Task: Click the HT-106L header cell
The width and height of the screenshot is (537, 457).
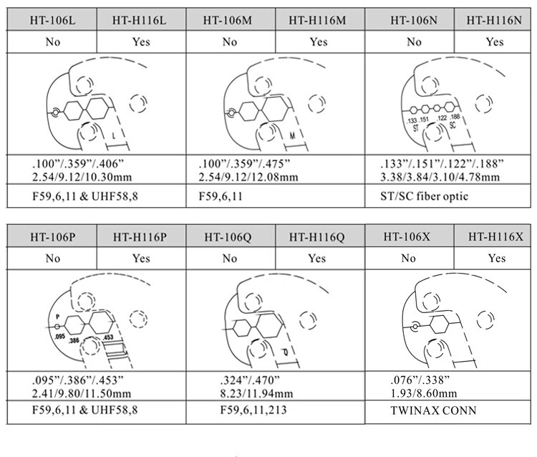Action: click(52, 20)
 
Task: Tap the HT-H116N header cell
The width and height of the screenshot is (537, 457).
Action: click(493, 20)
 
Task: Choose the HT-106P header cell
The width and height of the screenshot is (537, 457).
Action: click(52, 236)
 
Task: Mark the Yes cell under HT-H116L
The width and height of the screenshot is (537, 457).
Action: click(142, 42)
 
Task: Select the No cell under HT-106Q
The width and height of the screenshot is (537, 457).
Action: click(231, 258)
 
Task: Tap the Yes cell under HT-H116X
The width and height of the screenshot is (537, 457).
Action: click(493, 258)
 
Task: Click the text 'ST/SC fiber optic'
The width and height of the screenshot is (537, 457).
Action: click(424, 196)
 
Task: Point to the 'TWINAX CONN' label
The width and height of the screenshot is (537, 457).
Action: click(433, 410)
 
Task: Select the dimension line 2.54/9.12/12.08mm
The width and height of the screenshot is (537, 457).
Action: click(248, 177)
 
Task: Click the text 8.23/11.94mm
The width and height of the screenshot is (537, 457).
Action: click(256, 394)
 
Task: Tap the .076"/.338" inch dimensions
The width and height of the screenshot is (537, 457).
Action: click(420, 380)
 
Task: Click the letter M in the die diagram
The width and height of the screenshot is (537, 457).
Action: click(292, 136)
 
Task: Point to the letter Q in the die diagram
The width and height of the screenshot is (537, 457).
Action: click(286, 352)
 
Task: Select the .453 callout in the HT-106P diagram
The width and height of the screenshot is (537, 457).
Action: click(108, 337)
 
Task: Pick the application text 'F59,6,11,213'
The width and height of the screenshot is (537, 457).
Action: click(253, 410)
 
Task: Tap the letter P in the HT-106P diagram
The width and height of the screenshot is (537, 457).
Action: click(57, 317)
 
